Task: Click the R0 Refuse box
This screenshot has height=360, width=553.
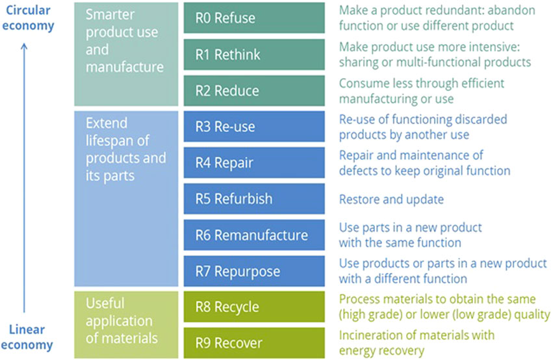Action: [x=254, y=18]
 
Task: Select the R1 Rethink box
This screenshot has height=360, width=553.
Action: [x=254, y=54]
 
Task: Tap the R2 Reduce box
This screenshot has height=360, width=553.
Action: [x=254, y=90]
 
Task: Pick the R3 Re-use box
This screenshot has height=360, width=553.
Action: [x=254, y=126]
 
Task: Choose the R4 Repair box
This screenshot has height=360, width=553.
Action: [x=254, y=162]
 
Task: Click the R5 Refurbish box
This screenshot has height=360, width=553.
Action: [x=254, y=199]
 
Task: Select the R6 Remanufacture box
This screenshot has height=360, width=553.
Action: [x=254, y=235]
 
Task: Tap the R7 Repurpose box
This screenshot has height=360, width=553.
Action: [x=254, y=271]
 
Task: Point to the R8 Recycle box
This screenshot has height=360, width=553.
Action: [x=254, y=307]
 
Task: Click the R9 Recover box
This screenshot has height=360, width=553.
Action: [x=254, y=343]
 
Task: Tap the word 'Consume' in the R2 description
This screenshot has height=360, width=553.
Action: [x=361, y=83]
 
